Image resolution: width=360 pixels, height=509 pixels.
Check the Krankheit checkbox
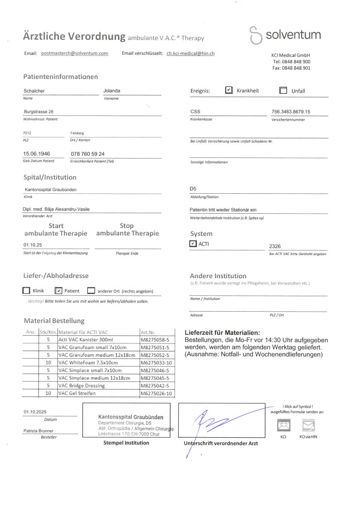tap(229, 90)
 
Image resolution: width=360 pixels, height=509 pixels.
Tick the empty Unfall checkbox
tap(283, 90)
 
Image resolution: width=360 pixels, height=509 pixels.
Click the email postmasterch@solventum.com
tap(74, 53)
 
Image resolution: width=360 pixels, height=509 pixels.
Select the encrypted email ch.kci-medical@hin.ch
tap(190, 53)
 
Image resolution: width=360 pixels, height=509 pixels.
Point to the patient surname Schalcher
tap(34, 91)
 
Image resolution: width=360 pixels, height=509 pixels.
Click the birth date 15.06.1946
tap(37, 154)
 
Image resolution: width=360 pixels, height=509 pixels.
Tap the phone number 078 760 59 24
tap(88, 154)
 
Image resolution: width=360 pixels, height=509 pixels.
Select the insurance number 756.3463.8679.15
tap(291, 112)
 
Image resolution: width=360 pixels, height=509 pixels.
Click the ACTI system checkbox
tap(193, 244)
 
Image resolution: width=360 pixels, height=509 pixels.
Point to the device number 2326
tap(275, 246)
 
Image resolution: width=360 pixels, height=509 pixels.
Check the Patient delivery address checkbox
tap(58, 291)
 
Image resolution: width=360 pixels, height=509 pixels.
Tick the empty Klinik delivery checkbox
tap(26, 291)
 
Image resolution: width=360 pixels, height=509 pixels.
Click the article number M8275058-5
tap(155, 339)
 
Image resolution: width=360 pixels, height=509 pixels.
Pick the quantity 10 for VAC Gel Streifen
tap(48, 393)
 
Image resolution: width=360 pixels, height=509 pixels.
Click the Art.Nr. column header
tap(148, 332)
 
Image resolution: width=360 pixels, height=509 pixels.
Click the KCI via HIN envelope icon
tap(308, 426)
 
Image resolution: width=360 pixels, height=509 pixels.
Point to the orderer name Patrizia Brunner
tap(39, 431)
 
